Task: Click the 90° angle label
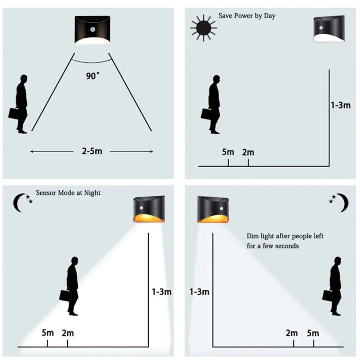point(93,76)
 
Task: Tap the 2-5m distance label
point(92,151)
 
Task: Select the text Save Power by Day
point(247,16)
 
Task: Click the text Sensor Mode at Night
point(68,193)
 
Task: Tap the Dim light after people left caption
point(285,241)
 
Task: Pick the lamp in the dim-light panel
point(214,210)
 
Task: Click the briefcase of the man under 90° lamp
point(13,113)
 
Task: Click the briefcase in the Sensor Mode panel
point(64,295)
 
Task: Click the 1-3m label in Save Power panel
point(340,105)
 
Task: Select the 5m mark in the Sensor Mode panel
point(48,333)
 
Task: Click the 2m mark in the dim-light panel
point(292,333)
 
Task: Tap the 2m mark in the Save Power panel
point(248,152)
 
